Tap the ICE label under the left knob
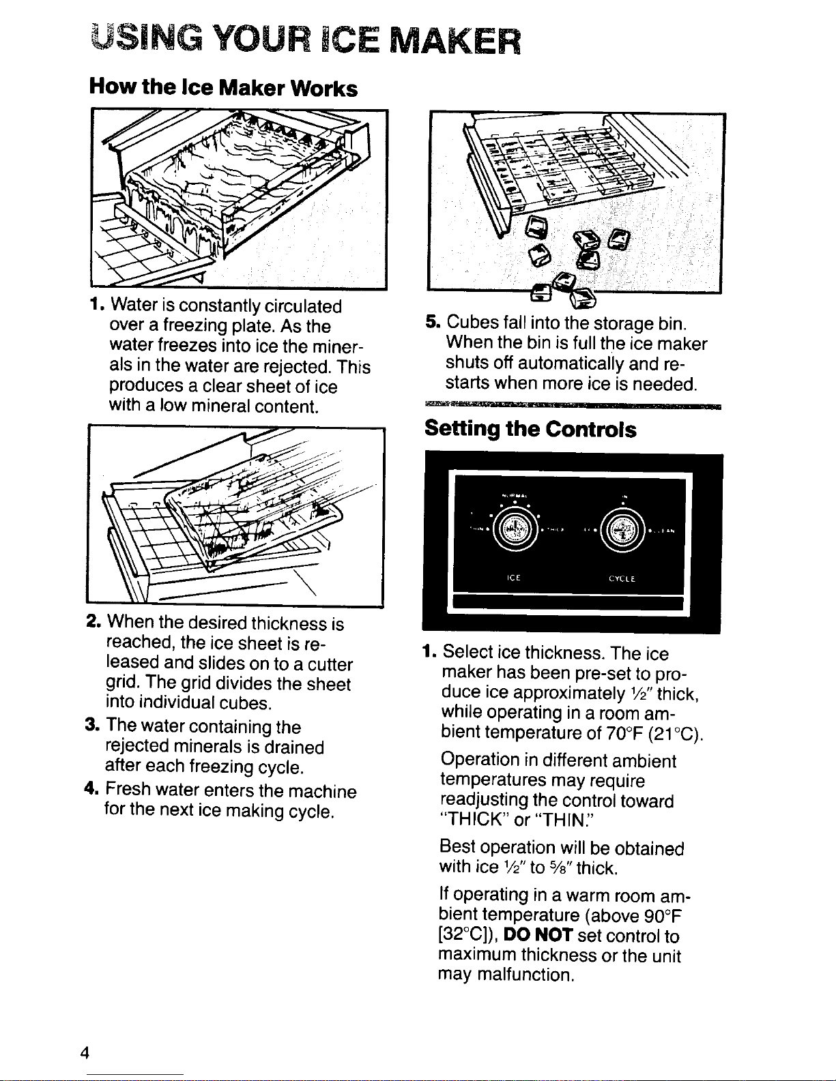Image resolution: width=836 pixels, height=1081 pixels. click(x=514, y=578)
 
